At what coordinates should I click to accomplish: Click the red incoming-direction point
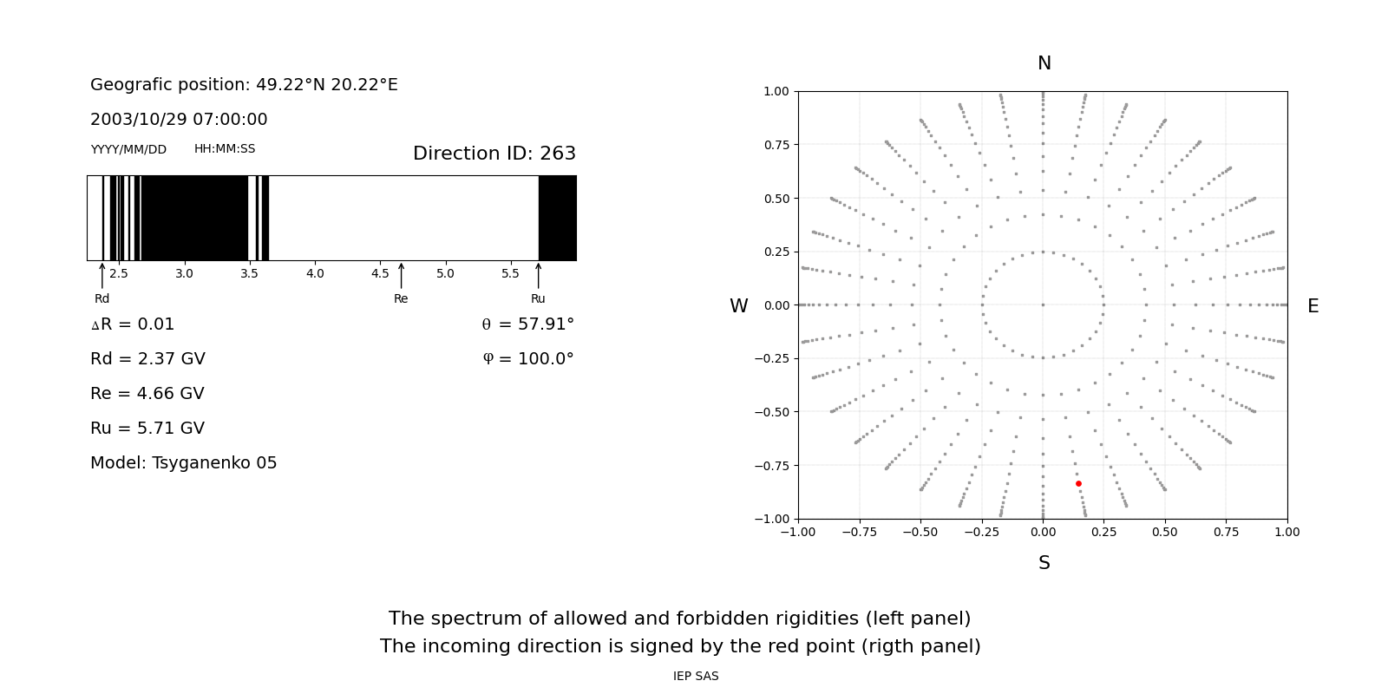(x=1078, y=483)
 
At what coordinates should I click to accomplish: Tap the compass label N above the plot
(x=1044, y=63)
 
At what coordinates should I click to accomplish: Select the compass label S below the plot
(x=1044, y=563)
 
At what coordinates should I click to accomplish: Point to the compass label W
(x=738, y=306)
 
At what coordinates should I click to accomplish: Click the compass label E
(x=1313, y=306)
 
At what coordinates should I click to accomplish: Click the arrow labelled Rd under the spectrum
(x=102, y=276)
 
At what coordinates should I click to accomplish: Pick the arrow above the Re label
(x=401, y=276)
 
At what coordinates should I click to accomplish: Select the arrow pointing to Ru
(x=538, y=276)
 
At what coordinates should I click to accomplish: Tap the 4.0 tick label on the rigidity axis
(x=315, y=274)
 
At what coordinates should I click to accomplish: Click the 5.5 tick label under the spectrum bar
(x=510, y=274)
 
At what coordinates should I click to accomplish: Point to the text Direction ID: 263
(x=494, y=154)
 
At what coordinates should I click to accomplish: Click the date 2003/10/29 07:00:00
(x=179, y=120)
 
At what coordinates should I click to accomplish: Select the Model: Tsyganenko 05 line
(x=183, y=463)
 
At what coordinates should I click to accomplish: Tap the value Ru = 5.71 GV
(x=147, y=429)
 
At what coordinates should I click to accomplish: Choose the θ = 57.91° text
(x=527, y=324)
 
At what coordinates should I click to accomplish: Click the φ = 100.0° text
(x=528, y=359)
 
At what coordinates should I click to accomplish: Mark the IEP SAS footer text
(x=696, y=677)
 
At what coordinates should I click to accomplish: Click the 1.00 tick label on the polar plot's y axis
(x=776, y=91)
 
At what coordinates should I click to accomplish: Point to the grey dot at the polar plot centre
(x=1043, y=304)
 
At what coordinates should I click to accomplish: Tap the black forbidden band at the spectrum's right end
(x=557, y=218)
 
